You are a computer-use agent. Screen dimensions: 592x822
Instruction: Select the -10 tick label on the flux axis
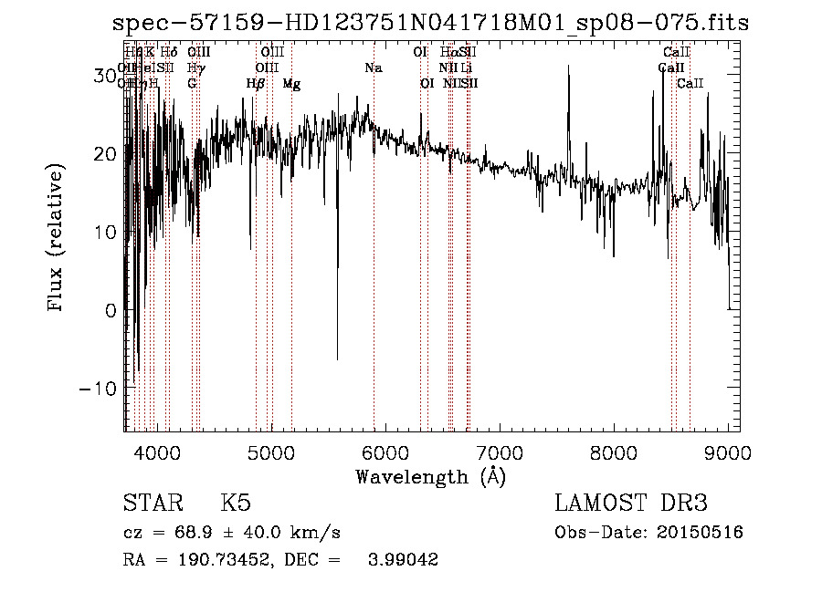coord(98,389)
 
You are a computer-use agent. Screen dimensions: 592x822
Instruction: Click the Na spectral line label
coord(373,68)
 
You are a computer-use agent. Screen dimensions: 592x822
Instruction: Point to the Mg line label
coord(291,84)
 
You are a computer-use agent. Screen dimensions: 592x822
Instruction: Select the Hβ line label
coord(256,84)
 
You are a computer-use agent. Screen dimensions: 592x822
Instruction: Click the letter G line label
coord(192,84)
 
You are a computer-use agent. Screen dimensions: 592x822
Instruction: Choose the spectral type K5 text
coord(236,504)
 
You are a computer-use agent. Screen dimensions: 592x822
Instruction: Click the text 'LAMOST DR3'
coord(631,504)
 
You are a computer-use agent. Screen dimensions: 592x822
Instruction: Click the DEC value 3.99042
coord(401,560)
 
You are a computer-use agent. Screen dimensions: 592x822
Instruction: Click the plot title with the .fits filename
coord(430,24)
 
